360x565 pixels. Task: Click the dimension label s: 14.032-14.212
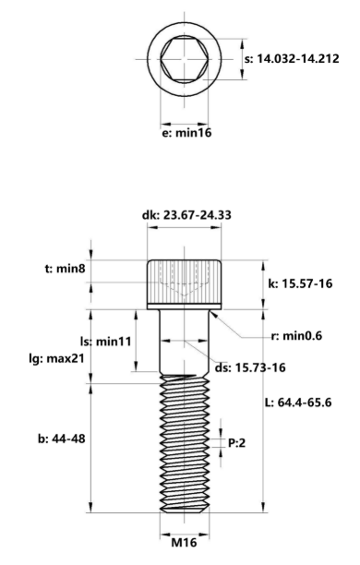[x=292, y=59]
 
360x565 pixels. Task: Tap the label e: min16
[x=186, y=133]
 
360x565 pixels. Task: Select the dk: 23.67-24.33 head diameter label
[x=186, y=215]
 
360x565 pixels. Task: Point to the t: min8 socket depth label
[x=66, y=269]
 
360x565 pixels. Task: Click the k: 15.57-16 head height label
[x=300, y=284]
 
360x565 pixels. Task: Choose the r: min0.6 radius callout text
[x=296, y=336]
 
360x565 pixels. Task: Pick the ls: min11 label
[x=105, y=342]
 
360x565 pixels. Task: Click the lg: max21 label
[x=56, y=358]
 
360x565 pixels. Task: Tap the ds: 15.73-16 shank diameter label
[x=250, y=368]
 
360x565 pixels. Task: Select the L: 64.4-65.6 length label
[x=298, y=403]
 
